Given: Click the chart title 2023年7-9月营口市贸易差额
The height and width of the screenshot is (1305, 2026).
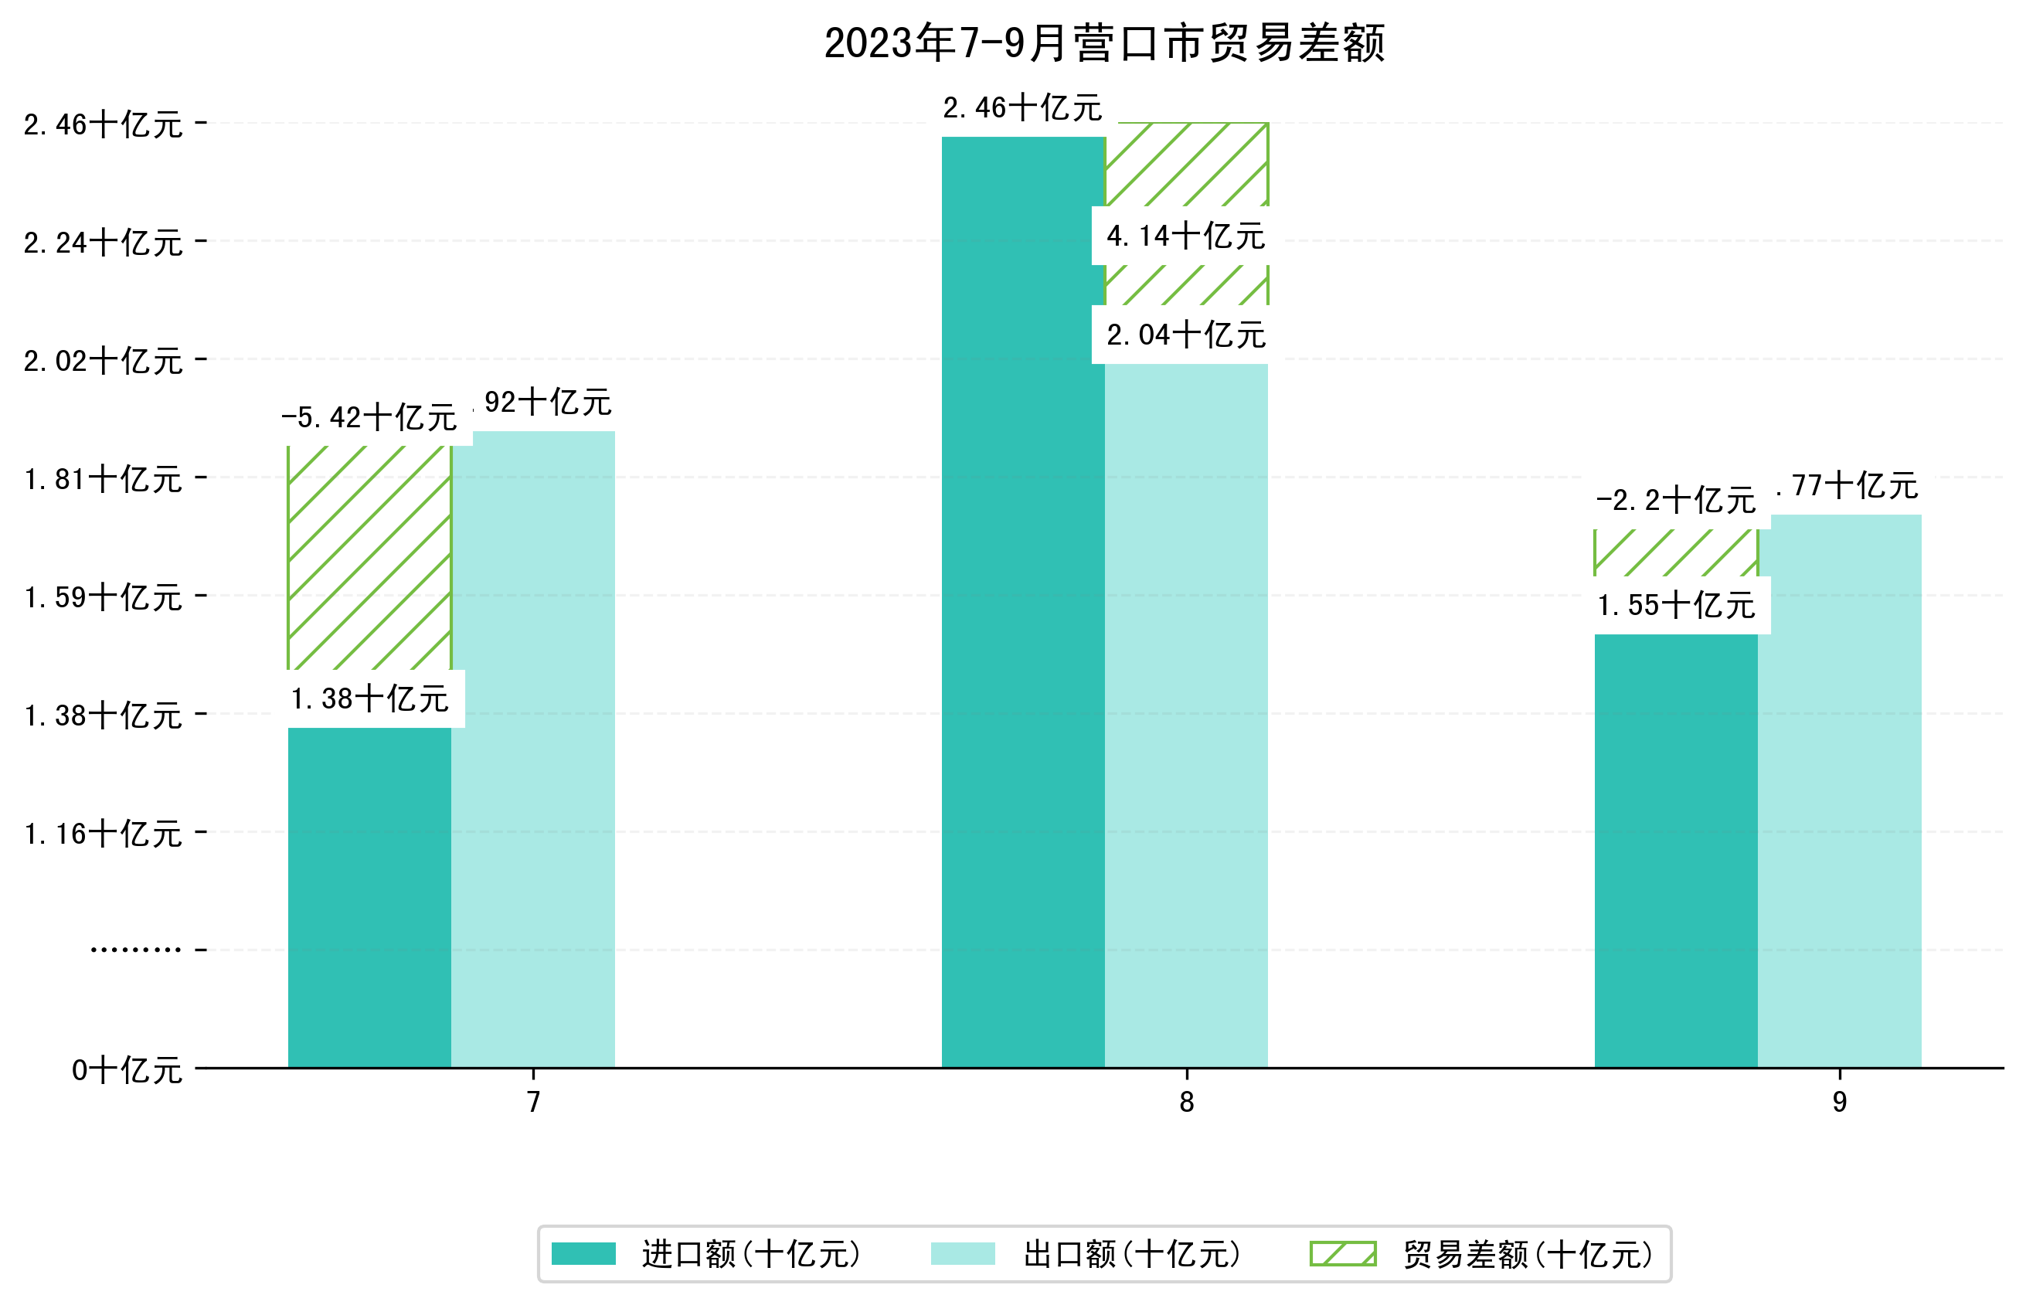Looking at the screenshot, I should click(1104, 43).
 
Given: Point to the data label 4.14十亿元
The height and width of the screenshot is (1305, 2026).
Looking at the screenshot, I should click(1185, 236).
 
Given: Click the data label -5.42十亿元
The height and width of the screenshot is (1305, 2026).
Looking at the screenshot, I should click(369, 418).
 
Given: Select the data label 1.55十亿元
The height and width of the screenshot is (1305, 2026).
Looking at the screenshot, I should click(1675, 606).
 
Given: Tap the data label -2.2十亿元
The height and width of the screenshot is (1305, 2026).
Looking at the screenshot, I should click(1675, 501).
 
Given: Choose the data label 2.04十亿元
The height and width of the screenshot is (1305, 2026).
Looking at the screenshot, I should click(1185, 335).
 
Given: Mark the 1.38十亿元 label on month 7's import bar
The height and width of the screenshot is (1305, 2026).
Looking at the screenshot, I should click(369, 699).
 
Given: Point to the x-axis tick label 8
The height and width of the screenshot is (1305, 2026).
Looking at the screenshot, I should click(1186, 1102).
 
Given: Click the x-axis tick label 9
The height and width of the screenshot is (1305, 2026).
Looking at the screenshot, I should click(1840, 1102).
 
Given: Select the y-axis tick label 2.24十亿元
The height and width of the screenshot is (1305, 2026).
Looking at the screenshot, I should click(103, 243).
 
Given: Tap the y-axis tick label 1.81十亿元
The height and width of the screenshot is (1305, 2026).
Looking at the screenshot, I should click(103, 480).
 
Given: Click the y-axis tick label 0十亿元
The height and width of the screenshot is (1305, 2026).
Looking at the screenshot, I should click(126, 1070).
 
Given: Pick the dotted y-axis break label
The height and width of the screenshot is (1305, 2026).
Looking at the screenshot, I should click(135, 950).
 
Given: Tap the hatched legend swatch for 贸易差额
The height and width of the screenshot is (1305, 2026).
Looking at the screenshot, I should click(1343, 1254).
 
